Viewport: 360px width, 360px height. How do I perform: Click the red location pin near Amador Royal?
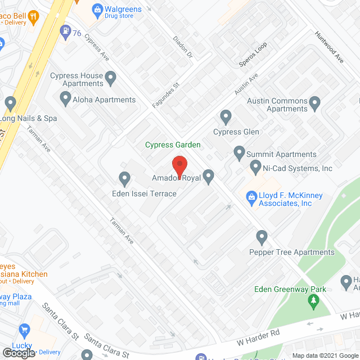(x=179, y=167)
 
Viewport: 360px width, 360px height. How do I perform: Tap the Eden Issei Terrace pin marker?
(x=125, y=179)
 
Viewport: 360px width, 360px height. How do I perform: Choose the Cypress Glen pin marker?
(x=226, y=118)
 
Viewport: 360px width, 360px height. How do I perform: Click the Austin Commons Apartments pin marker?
(x=314, y=102)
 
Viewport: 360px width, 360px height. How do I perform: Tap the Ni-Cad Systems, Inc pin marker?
(x=256, y=167)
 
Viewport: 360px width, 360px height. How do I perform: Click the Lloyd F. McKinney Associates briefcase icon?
(x=250, y=195)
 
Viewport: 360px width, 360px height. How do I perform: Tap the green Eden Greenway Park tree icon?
(x=313, y=302)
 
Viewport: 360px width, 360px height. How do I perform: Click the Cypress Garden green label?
(x=173, y=145)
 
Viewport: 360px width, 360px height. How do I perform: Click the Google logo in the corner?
(x=18, y=353)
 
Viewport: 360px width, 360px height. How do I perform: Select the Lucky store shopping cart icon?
(x=24, y=330)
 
